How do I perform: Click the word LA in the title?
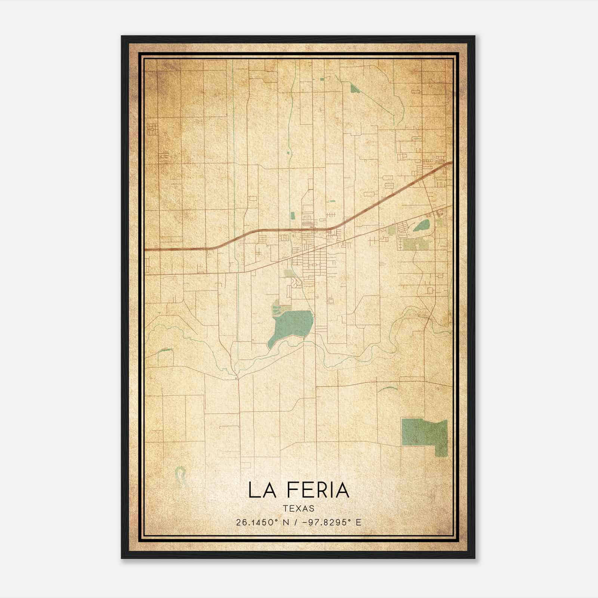262,490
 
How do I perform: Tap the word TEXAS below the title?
299,509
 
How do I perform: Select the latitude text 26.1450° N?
262,523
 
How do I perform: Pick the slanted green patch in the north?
354,88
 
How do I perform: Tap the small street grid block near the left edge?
152,129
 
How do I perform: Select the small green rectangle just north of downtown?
292,216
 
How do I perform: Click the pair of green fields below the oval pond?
415,244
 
